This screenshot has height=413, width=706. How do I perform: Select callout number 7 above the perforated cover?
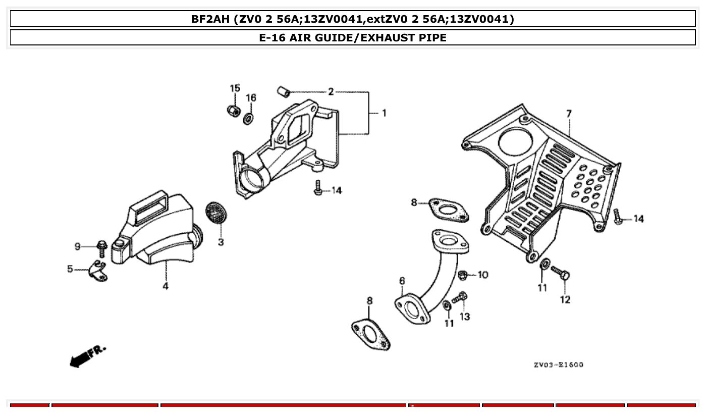click(569, 114)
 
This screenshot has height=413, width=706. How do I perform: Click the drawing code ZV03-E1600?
click(558, 365)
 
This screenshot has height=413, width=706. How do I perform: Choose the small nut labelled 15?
click(233, 110)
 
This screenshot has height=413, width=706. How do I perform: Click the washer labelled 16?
click(248, 119)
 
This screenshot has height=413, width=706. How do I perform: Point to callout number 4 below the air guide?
click(166, 286)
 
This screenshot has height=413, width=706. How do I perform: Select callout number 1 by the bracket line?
click(384, 113)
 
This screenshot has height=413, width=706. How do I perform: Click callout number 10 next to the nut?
click(482, 275)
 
